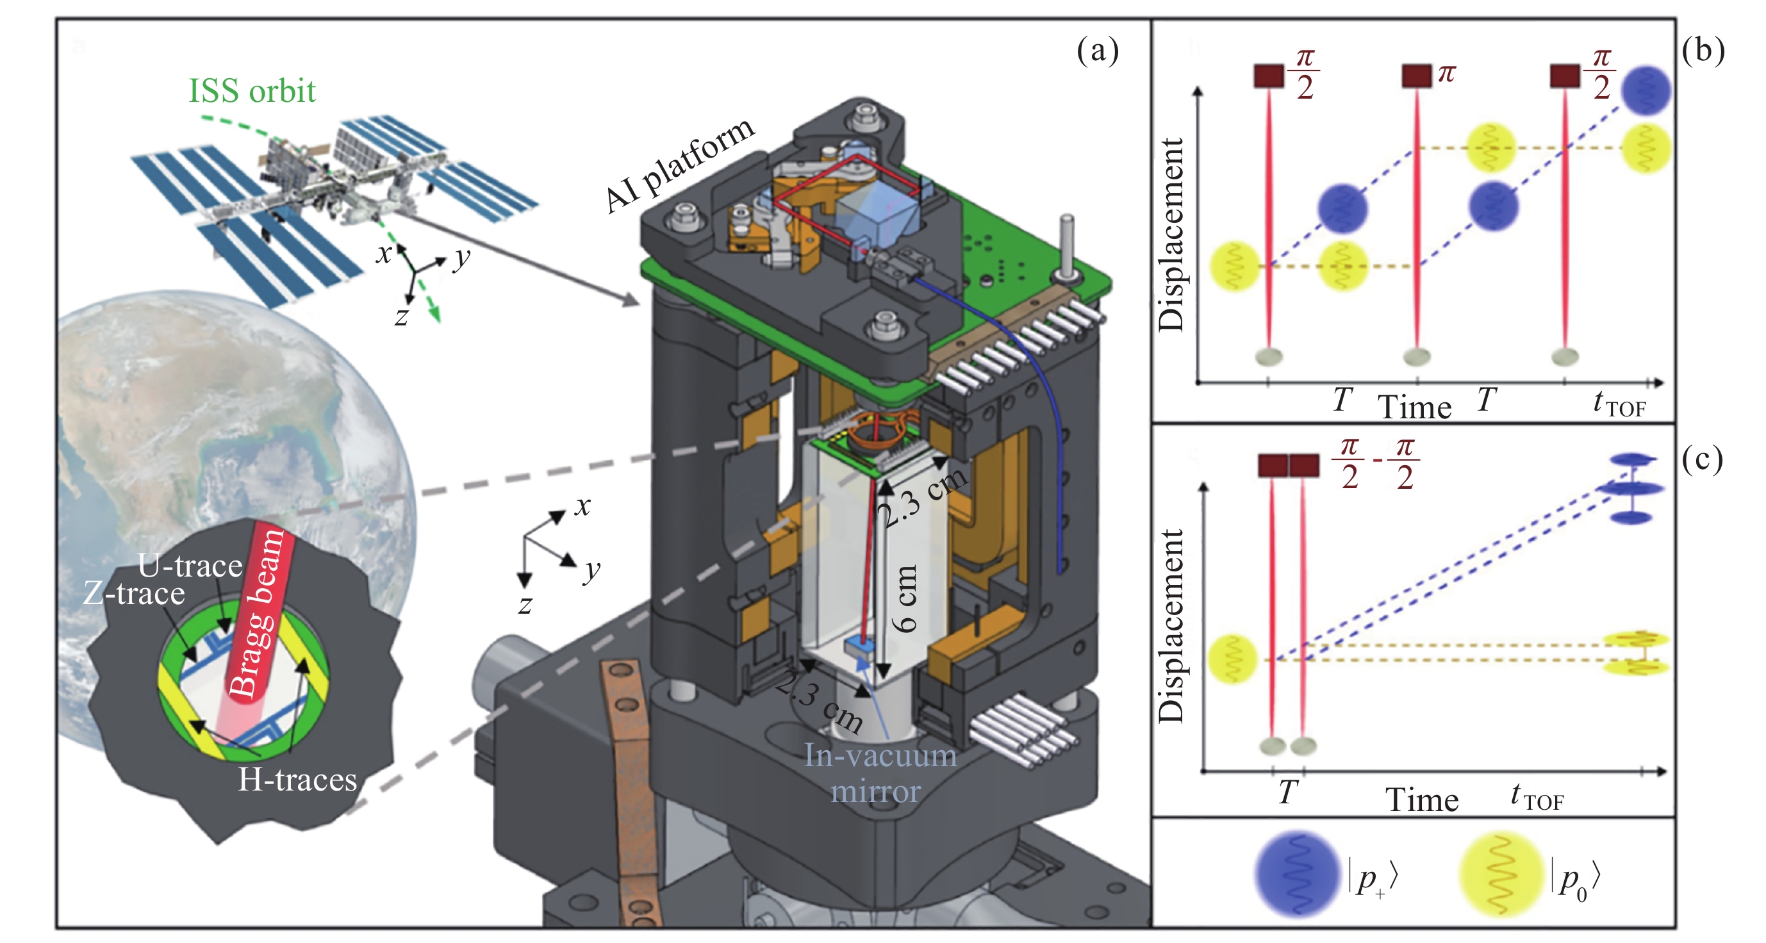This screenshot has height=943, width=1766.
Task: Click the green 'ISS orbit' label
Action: coord(252,90)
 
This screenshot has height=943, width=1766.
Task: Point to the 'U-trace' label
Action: coord(190,566)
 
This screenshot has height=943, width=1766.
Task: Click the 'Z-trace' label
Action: coord(134,593)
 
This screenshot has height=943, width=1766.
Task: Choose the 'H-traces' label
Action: coord(297,779)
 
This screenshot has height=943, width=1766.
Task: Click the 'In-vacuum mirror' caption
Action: coord(879,773)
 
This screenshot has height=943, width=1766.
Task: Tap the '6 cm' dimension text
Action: coord(904,598)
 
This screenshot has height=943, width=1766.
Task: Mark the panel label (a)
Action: coord(1097,51)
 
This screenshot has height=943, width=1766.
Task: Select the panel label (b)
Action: coord(1703,51)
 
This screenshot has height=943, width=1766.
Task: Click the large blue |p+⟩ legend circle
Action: coord(1297,875)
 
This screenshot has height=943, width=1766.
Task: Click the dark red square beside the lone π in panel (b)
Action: coord(1416,76)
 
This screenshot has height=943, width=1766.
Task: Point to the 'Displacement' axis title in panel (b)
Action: coord(1171,234)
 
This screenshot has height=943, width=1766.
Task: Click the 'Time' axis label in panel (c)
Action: coord(1422,799)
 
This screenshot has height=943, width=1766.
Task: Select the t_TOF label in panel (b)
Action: coord(1619,403)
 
